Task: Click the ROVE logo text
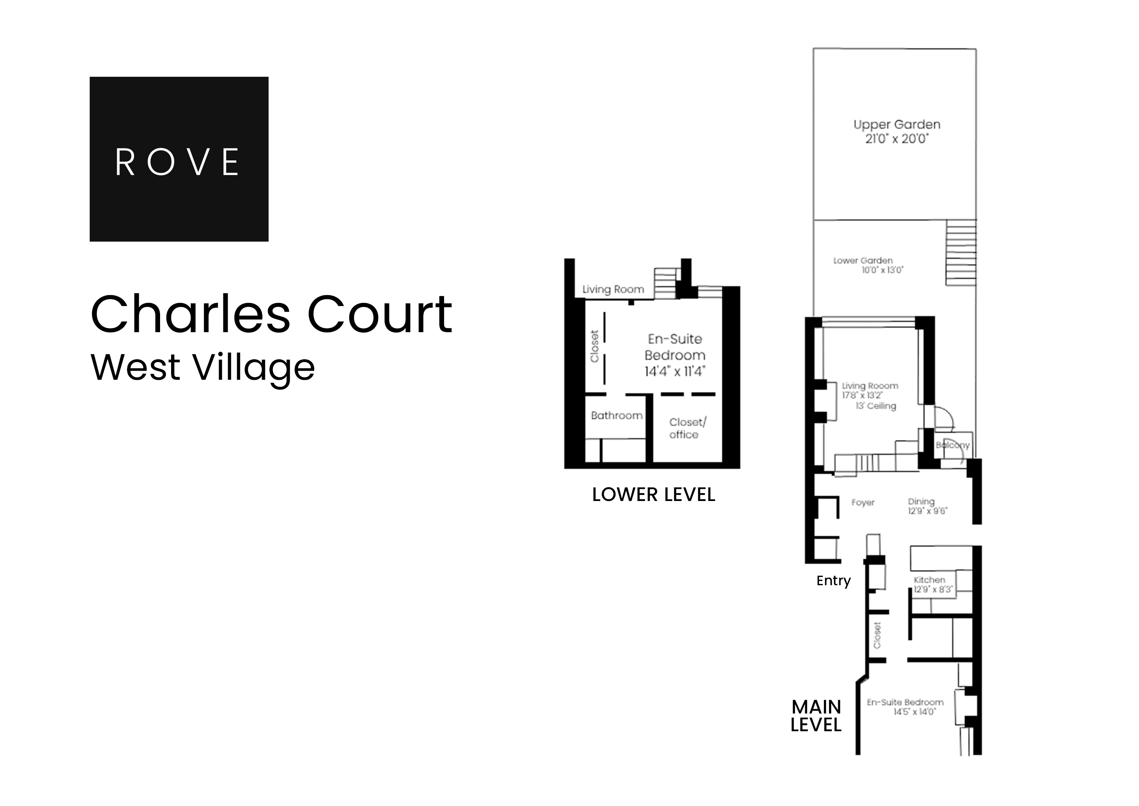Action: [178, 162]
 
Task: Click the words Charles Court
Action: [271, 315]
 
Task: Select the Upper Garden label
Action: [896, 125]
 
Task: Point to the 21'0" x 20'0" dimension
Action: [896, 139]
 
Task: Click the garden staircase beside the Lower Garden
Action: [961, 253]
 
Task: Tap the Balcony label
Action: [953, 445]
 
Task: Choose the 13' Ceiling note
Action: [875, 406]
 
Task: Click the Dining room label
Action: [921, 501]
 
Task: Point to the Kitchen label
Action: [929, 580]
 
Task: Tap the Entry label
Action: [833, 580]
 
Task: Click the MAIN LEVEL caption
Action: [816, 715]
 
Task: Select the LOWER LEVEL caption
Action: [653, 495]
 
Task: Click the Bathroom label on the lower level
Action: [617, 416]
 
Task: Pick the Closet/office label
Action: [687, 428]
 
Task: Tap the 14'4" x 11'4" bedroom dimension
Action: [675, 371]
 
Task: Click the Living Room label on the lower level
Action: [613, 289]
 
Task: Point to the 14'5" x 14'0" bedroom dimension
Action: [914, 712]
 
